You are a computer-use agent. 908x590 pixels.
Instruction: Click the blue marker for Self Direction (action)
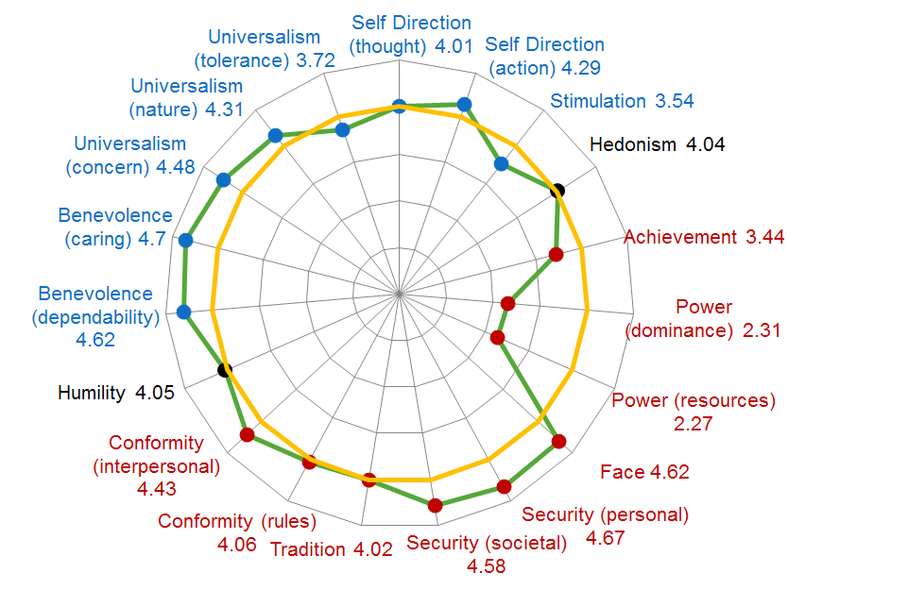click(x=464, y=104)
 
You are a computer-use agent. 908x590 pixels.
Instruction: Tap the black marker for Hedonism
click(x=557, y=190)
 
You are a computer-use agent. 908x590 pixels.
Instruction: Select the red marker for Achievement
click(x=556, y=254)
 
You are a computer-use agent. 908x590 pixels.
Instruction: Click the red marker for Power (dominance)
click(x=508, y=303)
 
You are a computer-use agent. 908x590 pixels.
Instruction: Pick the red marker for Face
click(x=558, y=441)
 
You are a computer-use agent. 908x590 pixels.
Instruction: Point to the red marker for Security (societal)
click(x=435, y=505)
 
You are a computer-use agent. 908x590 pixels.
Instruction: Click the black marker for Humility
click(x=225, y=370)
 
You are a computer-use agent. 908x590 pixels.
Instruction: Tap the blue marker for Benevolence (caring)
click(x=186, y=241)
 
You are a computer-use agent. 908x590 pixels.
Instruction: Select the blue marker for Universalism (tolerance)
click(x=342, y=129)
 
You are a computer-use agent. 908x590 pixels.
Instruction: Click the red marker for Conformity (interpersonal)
click(x=248, y=434)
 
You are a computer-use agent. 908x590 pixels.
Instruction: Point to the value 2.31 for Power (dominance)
click(x=762, y=330)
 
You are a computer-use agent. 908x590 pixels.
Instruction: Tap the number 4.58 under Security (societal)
click(x=487, y=566)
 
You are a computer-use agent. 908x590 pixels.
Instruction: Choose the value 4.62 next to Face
click(x=670, y=472)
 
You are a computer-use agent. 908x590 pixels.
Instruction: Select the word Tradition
click(x=308, y=549)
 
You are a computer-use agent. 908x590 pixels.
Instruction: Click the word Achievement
click(x=680, y=237)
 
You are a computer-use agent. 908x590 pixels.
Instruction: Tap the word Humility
click(x=92, y=393)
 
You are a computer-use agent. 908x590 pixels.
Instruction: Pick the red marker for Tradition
click(x=368, y=480)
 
